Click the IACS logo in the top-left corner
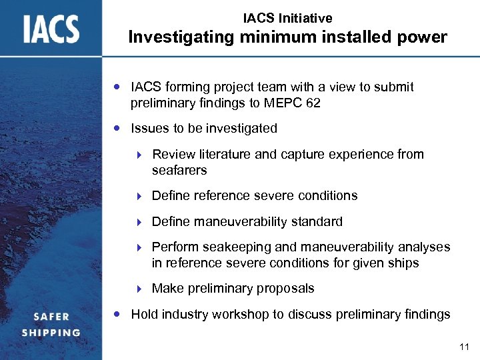click(x=51, y=29)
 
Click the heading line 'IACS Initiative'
click(x=287, y=19)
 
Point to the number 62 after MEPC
click(x=313, y=103)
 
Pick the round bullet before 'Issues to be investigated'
click(x=117, y=127)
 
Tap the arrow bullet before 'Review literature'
click(x=139, y=155)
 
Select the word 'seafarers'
click(x=179, y=171)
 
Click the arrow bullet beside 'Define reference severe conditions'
click(x=139, y=196)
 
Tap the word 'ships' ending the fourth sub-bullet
click(x=403, y=263)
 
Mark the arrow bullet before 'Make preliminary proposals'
click(x=139, y=289)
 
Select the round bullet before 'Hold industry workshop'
click(x=117, y=314)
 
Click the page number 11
click(x=465, y=347)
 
